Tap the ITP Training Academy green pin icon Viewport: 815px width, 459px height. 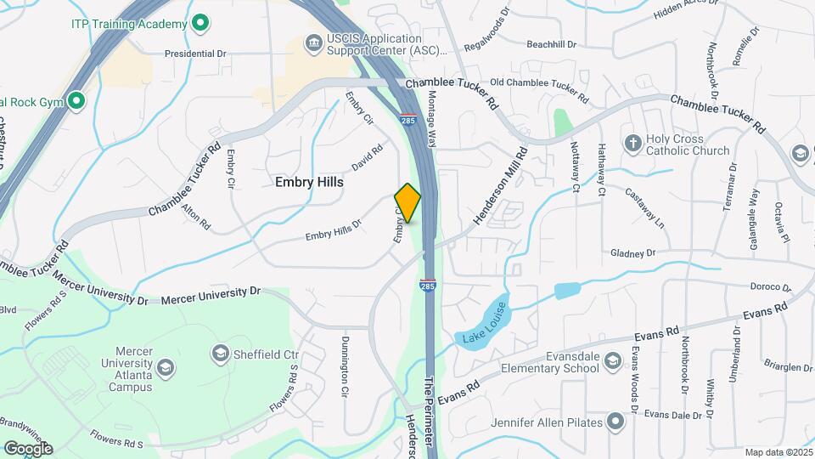(200, 22)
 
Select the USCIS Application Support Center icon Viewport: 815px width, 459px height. (313, 42)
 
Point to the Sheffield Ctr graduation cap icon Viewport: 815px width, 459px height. (221, 352)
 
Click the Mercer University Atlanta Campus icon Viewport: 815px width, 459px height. (166, 367)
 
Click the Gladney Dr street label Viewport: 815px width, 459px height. (633, 252)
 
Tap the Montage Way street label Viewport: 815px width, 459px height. (432, 120)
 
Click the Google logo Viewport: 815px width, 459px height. (28, 448)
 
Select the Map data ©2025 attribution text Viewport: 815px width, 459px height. (778, 452)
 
